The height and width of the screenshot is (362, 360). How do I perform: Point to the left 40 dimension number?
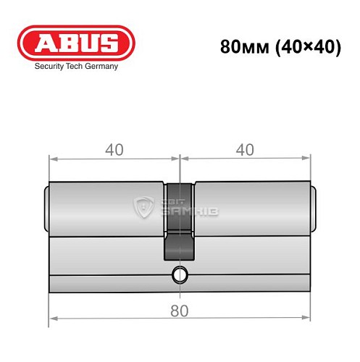[x=113, y=150]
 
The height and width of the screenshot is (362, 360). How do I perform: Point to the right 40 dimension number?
[x=245, y=150]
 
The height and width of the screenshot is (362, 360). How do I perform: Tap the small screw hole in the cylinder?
[x=179, y=274]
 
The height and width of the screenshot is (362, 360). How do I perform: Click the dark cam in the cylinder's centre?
[x=180, y=224]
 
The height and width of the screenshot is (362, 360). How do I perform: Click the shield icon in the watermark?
[x=144, y=208]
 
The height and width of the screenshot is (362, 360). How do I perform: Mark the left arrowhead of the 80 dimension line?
[x=51, y=319]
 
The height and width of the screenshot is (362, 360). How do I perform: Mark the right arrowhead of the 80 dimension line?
[x=308, y=319]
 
